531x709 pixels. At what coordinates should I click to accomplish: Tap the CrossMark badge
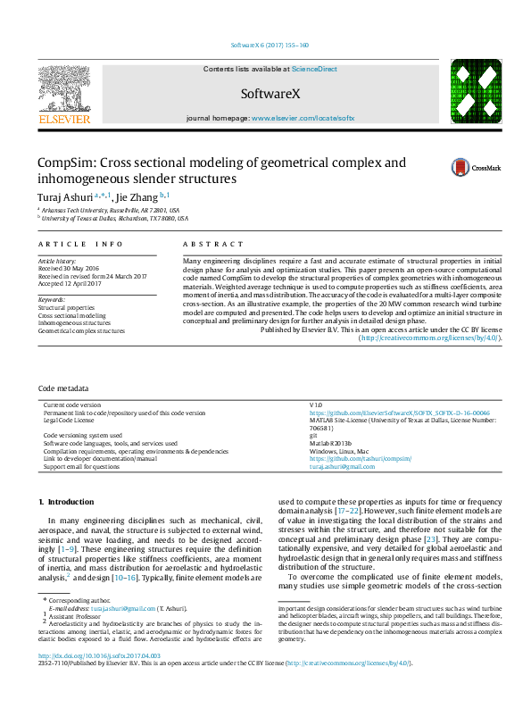coord(462,167)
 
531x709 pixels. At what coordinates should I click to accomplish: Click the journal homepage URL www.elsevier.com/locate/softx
coord(303,118)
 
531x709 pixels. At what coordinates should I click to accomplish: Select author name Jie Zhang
coord(135,196)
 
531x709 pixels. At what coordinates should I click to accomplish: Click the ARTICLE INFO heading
coord(81,244)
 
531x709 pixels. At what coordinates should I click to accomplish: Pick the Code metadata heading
coord(63,389)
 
